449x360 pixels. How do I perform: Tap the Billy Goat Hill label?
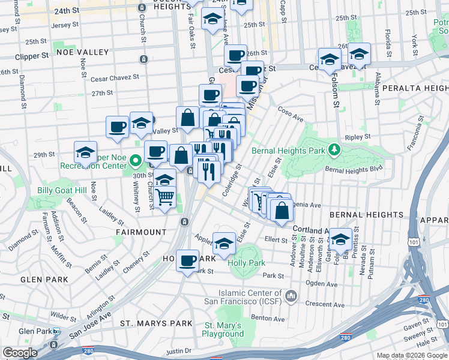click(x=62, y=190)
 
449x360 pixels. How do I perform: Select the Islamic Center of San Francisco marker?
click(x=291, y=296)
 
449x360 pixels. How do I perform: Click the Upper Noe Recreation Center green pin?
click(x=136, y=160)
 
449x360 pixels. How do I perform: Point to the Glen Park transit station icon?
click(x=56, y=331)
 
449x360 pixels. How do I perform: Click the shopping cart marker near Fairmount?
click(x=164, y=197)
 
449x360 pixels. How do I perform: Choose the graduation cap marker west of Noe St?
click(x=86, y=152)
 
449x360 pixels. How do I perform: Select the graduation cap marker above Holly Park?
click(x=224, y=244)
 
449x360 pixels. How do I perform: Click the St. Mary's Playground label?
click(x=223, y=329)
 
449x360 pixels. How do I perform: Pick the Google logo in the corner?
click(x=20, y=352)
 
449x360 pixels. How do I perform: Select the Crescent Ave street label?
click(x=324, y=304)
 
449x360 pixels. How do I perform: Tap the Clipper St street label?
click(x=31, y=56)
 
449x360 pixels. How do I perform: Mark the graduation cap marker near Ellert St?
click(x=340, y=240)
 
